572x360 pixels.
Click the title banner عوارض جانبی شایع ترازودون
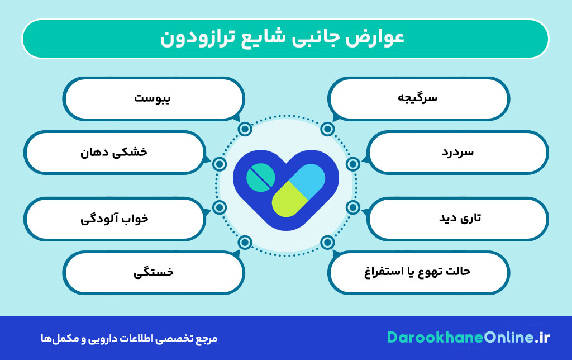pos(285,39)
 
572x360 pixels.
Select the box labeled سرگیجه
pos(418,98)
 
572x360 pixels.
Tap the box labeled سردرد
pos(457,152)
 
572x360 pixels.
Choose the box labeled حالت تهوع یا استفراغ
pos(418,272)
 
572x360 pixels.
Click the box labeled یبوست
pos(154,98)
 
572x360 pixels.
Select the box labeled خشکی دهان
pos(115,152)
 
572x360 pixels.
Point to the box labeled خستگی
pos(154,272)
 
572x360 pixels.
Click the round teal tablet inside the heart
pos(261,177)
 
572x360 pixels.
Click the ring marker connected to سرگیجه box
pos(327,130)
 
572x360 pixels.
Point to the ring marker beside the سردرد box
pos(352,164)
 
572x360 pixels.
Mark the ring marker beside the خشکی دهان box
pos(220,164)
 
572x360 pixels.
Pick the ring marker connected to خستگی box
pos(245,242)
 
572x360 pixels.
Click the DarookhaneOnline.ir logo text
pos(469,338)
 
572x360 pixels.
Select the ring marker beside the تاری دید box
pos(352,207)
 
